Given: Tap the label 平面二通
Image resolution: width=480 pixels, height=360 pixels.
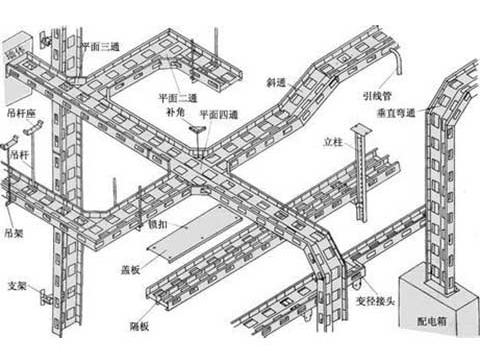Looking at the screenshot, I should pyautogui.click(x=176, y=98).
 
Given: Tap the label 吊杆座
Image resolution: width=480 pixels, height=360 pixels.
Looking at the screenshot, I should pyautogui.click(x=20, y=112).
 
